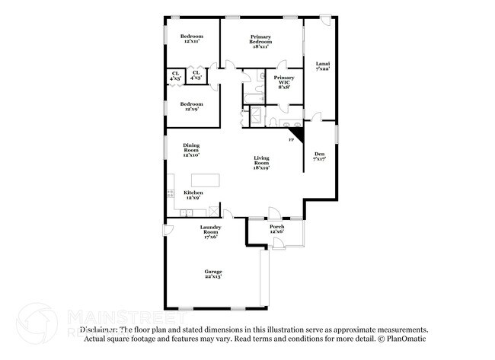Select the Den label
[x=319, y=155]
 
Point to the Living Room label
[x=261, y=160]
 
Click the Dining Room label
[x=191, y=148]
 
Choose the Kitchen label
[x=193, y=193]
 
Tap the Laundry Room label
[x=211, y=230]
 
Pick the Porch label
[x=277, y=227]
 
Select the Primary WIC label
[x=284, y=80]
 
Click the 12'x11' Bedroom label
[x=192, y=37]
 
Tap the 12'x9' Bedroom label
[x=192, y=104]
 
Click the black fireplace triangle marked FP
[x=297, y=134]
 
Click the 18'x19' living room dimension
[x=261, y=167]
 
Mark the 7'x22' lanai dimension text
[x=322, y=68]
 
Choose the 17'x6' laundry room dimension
[x=211, y=237]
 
